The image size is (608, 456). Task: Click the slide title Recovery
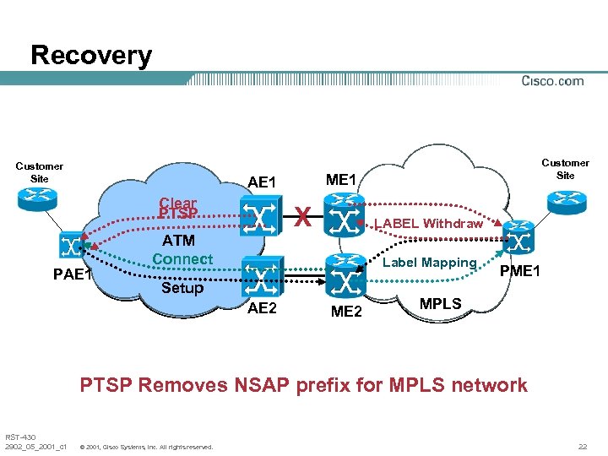[91, 56]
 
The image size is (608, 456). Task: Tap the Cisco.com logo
[552, 81]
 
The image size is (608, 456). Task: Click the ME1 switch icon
[345, 217]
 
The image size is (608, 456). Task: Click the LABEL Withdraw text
[428, 224]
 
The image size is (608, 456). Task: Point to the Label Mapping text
[430, 263]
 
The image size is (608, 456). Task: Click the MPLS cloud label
[440, 303]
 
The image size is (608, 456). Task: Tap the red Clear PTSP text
[177, 209]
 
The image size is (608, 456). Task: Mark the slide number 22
[582, 445]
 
